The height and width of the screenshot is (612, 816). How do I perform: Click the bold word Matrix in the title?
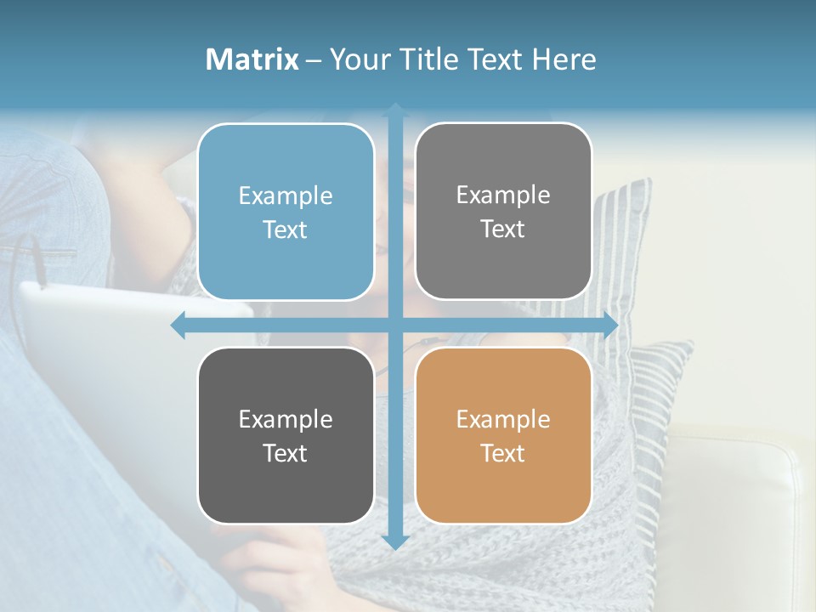click(x=252, y=59)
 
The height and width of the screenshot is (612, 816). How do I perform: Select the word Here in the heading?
click(x=564, y=59)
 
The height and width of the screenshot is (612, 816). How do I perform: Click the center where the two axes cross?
click(x=395, y=325)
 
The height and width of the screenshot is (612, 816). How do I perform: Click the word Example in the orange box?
click(x=503, y=419)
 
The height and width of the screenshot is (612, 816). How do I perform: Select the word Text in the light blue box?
click(x=285, y=229)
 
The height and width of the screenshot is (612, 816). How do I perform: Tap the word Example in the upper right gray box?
click(x=503, y=195)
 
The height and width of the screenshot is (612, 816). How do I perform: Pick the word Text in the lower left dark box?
click(x=285, y=453)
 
